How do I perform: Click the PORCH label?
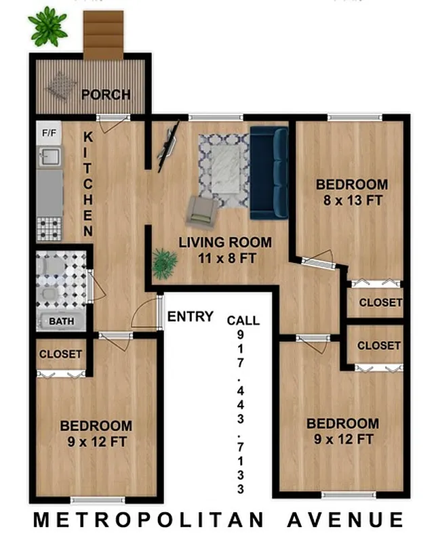pyautogui.click(x=106, y=94)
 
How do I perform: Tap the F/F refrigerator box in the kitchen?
pyautogui.click(x=48, y=133)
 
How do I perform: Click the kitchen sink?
pyautogui.click(x=48, y=157)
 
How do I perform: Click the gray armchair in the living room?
pyautogui.click(x=201, y=210)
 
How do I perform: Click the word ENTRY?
pyautogui.click(x=191, y=316)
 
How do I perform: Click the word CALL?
pyautogui.click(x=243, y=320)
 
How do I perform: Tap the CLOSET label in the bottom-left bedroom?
pyautogui.click(x=60, y=354)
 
